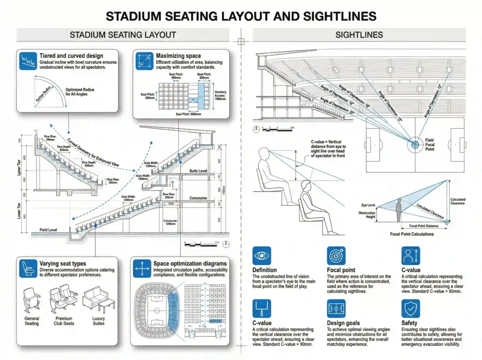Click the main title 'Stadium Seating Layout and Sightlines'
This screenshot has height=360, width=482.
pos(241,16)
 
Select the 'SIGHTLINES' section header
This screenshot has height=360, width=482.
pos(359,35)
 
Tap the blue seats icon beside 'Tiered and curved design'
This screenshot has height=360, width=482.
pos(27,61)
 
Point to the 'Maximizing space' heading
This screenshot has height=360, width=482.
pos(178,56)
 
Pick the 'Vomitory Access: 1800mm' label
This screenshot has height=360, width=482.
pos(221,95)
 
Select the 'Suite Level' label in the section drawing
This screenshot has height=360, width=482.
pos(198,171)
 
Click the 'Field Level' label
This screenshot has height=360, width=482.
pos(48,230)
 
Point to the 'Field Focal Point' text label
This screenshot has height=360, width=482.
pos(430,145)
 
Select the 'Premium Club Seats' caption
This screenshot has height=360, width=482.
pos(64,321)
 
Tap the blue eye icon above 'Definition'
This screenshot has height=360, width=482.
pos(261,256)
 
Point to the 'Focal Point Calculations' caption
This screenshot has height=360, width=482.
pos(411,234)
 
